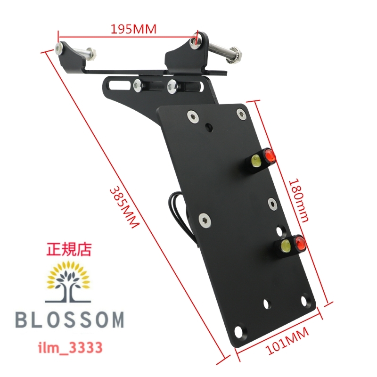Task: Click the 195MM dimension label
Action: pyautogui.click(x=133, y=29)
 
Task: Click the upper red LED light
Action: pyautogui.click(x=270, y=155)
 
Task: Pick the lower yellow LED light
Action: pyautogui.click(x=285, y=246)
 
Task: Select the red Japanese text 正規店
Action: pyautogui.click(x=70, y=249)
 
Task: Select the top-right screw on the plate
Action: pyautogui.click(x=241, y=114)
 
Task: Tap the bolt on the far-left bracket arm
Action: pyautogui.click(x=61, y=48)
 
